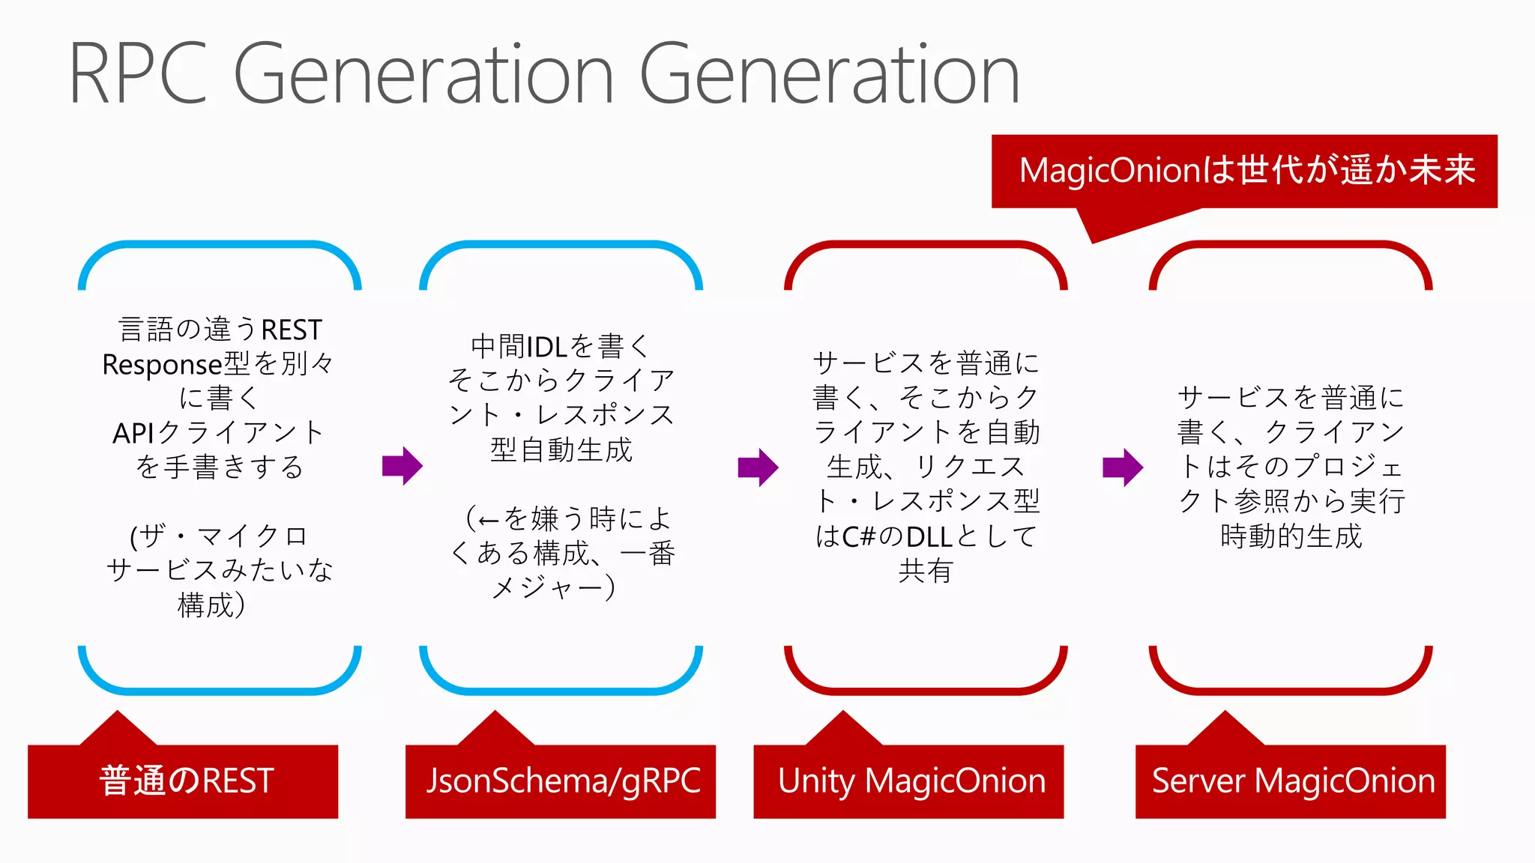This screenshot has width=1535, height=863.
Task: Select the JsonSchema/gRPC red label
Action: (561, 781)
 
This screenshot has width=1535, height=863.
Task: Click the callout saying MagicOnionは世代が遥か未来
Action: (1245, 171)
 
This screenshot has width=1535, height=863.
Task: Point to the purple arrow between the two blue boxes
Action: (402, 466)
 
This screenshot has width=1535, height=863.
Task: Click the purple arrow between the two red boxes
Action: (1123, 467)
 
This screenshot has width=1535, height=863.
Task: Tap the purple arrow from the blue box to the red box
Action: (758, 467)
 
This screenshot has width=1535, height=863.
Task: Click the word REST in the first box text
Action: (292, 330)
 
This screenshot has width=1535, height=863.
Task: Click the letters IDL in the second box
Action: (546, 347)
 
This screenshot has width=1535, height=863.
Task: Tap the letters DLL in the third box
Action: (929, 537)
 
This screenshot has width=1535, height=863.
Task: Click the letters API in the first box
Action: (133, 433)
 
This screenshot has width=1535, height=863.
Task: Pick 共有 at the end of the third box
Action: (926, 571)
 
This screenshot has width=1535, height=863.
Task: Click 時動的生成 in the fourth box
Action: (1291, 536)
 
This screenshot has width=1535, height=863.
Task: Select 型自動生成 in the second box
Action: (561, 450)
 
